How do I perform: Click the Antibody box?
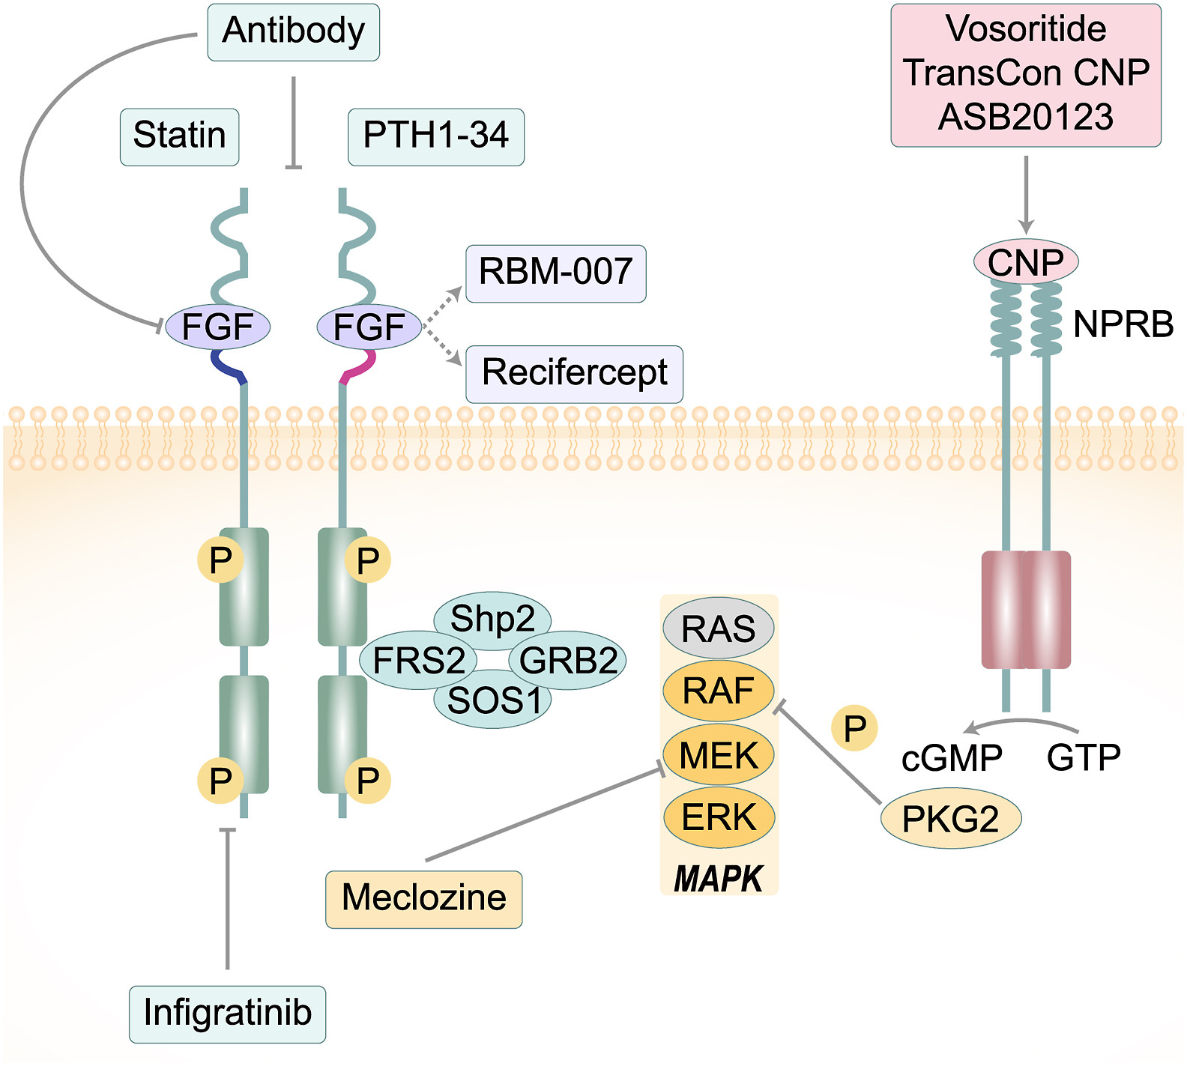[293, 31]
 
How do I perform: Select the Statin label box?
[179, 136]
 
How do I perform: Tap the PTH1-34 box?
[435, 136]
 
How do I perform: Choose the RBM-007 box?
[555, 273]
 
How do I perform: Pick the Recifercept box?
[574, 373]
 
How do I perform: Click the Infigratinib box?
[227, 1014]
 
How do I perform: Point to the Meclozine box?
[423, 898]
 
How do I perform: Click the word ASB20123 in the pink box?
[1025, 118]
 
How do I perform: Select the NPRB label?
[1123, 325]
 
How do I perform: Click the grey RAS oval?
[718, 629]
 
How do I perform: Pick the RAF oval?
[718, 691]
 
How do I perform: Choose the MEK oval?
[718, 755]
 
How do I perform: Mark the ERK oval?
[718, 817]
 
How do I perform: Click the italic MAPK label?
[718, 879]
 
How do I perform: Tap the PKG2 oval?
[950, 819]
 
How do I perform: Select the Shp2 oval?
[492, 619]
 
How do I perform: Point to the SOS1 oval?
[492, 701]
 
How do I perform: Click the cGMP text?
[952, 758]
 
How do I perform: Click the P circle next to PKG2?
[854, 728]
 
